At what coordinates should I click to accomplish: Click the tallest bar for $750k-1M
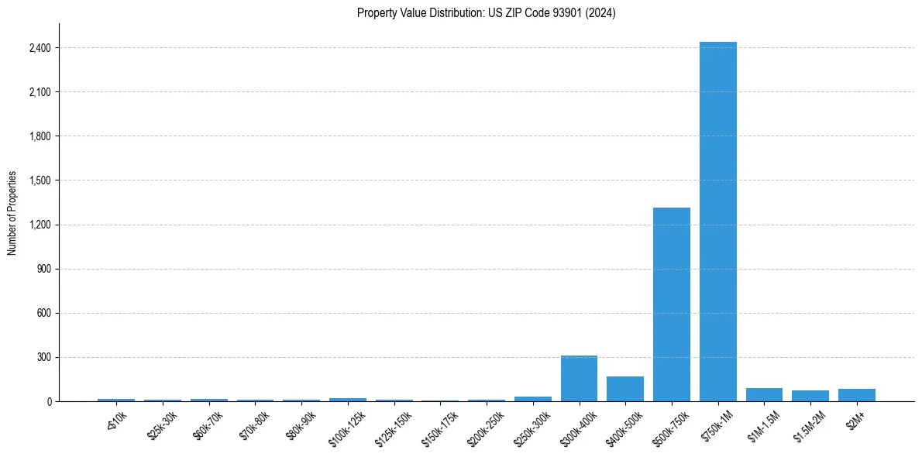click(x=717, y=222)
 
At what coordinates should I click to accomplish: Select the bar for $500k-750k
click(x=671, y=304)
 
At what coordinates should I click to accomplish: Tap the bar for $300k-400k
click(x=579, y=379)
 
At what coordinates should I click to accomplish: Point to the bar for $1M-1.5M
click(x=764, y=395)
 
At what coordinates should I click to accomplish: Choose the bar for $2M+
click(x=856, y=395)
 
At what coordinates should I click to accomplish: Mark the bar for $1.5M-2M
click(x=810, y=396)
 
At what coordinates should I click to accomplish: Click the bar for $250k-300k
click(x=532, y=399)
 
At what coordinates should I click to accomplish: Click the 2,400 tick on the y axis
click(x=40, y=48)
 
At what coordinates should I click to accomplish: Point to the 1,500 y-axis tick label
click(x=40, y=180)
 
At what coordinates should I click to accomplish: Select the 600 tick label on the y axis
click(x=43, y=314)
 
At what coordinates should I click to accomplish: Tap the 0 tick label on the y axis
click(x=48, y=402)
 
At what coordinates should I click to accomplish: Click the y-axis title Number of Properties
click(x=12, y=213)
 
